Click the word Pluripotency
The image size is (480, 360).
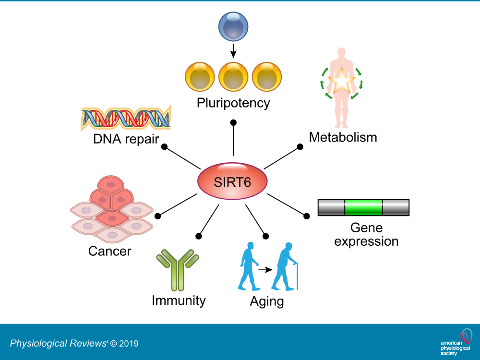(x=234, y=103)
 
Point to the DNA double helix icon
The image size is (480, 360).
(x=125, y=118)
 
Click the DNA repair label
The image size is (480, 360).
(x=127, y=139)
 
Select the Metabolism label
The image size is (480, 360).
(x=343, y=137)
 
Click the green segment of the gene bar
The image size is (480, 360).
(x=363, y=207)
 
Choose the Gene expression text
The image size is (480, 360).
(x=366, y=234)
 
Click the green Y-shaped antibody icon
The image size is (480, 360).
(x=178, y=269)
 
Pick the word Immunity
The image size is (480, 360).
(x=179, y=301)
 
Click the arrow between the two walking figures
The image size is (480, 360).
(x=265, y=270)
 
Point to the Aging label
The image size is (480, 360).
(x=267, y=302)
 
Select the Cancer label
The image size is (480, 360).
(x=109, y=251)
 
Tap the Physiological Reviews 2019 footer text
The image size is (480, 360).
(x=74, y=343)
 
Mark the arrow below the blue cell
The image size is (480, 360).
(x=233, y=50)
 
